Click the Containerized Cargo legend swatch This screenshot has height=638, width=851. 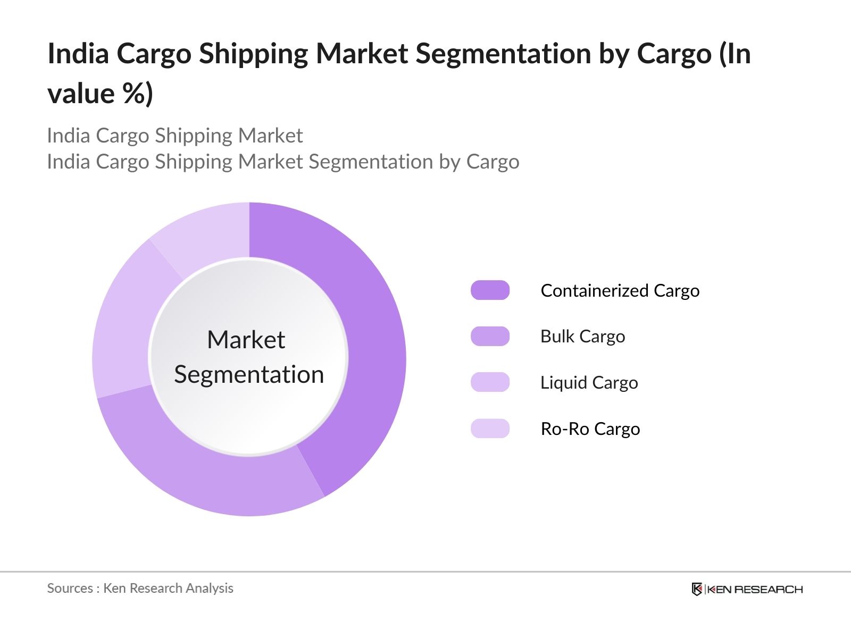click(490, 290)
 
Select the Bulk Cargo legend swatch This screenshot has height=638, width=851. click(490, 337)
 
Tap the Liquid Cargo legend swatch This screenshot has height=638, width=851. click(490, 382)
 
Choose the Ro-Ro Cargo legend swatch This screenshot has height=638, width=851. click(490, 429)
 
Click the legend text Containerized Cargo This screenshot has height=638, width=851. click(620, 291)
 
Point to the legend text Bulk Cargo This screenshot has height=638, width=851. click(582, 337)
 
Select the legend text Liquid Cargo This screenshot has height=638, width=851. click(589, 383)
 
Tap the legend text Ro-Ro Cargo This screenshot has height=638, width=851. click(590, 429)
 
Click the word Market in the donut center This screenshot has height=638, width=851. click(246, 340)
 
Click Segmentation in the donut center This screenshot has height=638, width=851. click(249, 374)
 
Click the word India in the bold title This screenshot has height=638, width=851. click(78, 54)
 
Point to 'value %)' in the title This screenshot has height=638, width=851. click(100, 94)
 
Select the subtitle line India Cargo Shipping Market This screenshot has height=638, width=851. click(174, 136)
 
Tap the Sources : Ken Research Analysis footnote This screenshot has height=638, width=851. click(140, 588)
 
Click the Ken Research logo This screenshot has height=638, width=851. click(747, 589)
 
